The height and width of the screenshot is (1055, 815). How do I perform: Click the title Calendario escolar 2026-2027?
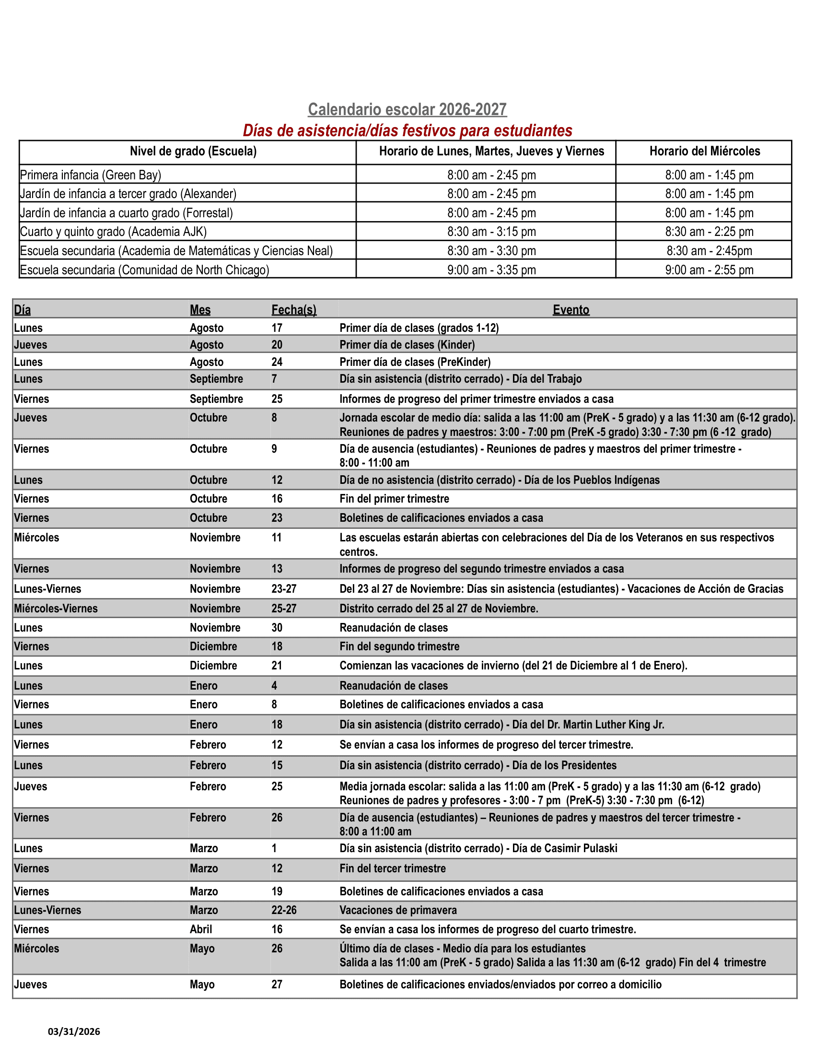[x=407, y=110]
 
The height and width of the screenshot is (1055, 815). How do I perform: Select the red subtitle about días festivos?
[x=407, y=131]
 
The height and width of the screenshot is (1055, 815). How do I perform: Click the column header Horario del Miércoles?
[x=704, y=152]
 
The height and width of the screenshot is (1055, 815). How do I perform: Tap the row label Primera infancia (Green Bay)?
[x=90, y=175]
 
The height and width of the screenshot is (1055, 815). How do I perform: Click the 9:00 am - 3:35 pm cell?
[x=491, y=270]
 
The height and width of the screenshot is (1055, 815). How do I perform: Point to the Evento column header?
[x=570, y=310]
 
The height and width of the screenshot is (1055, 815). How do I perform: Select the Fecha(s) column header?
[x=293, y=310]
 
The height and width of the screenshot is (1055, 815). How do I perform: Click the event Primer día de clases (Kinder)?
[x=407, y=345]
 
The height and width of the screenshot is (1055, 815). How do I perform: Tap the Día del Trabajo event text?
[x=460, y=379]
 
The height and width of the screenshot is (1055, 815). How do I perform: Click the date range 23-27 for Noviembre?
[x=283, y=589]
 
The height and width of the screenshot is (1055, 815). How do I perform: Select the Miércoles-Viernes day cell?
[x=56, y=609]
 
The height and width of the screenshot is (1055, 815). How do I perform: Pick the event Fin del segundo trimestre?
[x=399, y=646]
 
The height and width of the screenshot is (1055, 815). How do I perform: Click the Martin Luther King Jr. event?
[x=501, y=725]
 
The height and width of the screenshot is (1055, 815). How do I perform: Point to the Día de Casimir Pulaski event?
[x=478, y=848]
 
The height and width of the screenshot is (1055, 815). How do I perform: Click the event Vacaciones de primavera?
[x=398, y=910]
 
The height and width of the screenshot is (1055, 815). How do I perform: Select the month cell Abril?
[x=200, y=929]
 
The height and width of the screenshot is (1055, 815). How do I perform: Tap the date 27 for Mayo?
[x=276, y=985]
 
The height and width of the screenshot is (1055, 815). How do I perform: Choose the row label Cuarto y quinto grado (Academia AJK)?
[x=113, y=232]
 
